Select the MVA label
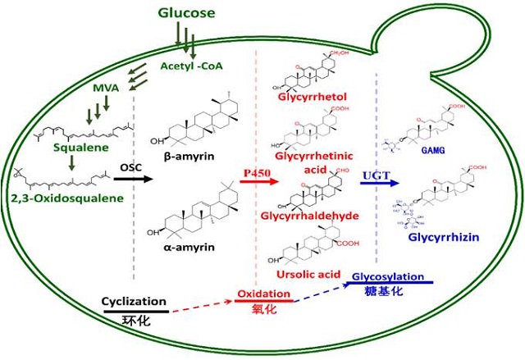click(x=104, y=86)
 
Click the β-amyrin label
click(x=193, y=156)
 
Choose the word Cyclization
click(x=135, y=301)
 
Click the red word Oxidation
click(x=262, y=294)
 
